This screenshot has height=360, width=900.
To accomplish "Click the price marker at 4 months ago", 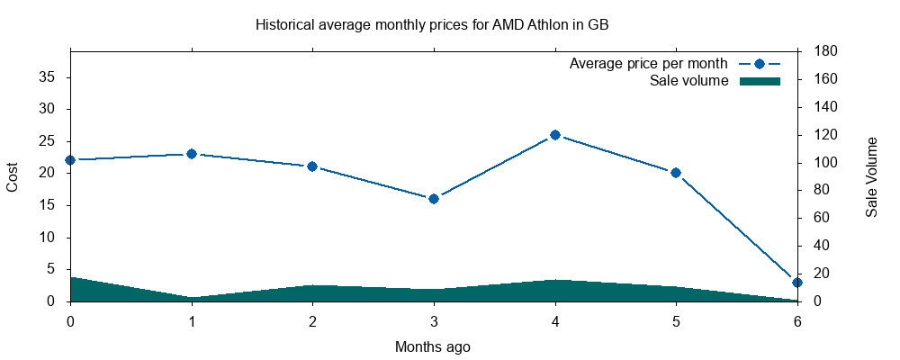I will (555, 135).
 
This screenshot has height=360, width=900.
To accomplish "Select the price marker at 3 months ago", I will (434, 199).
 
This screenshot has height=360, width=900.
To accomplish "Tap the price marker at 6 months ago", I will (796, 283).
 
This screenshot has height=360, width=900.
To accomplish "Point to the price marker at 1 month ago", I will (192, 154).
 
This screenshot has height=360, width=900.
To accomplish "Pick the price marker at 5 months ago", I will (676, 173).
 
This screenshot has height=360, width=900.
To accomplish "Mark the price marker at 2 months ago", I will (312, 166).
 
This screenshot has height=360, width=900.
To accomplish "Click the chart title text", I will (432, 25).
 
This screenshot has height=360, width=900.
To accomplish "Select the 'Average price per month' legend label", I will (648, 65).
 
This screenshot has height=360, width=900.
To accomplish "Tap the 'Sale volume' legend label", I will (688, 82).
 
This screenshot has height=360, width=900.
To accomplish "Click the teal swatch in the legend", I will (760, 82).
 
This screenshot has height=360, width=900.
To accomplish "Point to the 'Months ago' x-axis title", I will (433, 346).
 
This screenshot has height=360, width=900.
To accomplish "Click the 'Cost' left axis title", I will (13, 176).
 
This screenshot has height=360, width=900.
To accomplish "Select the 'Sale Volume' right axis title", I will (872, 176).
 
